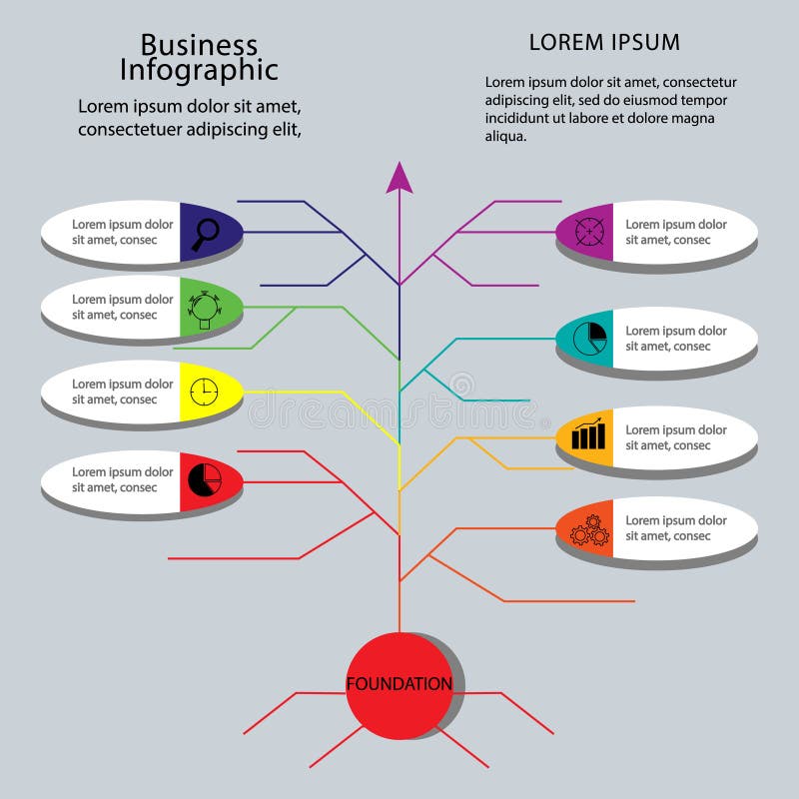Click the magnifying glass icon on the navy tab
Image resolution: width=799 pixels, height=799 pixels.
tap(205, 232)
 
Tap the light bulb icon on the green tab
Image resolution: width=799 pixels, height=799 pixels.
tap(204, 308)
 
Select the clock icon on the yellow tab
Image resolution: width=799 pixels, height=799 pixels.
tap(203, 391)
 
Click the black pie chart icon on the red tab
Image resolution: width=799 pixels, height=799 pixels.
tap(205, 478)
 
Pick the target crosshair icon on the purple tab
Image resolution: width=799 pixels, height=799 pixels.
tap(589, 232)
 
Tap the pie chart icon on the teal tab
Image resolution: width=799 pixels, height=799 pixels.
tap(591, 338)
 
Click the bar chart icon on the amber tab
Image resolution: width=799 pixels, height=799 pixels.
tap(589, 434)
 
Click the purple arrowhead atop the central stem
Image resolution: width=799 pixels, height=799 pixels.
tap(399, 177)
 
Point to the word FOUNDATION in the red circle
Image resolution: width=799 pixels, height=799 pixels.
tap(399, 684)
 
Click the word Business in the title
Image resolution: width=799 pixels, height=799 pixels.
tap(199, 45)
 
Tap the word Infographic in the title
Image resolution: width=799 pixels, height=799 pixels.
tap(199, 70)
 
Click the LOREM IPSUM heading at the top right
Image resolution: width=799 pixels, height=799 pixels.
tap(604, 42)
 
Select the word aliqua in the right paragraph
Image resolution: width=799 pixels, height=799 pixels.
tap(505, 137)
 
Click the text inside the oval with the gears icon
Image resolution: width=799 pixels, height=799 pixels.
tap(676, 528)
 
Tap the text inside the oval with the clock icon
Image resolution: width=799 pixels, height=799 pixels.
tap(122, 392)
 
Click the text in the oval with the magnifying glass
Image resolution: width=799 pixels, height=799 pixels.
tap(122, 232)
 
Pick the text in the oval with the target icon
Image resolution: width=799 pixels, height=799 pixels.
tap(676, 232)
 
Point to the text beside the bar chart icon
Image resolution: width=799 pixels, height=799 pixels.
tap(676, 437)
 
